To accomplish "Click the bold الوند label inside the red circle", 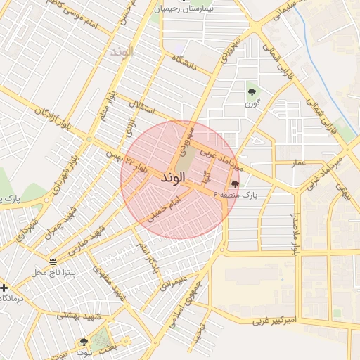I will pyautogui.click(x=172, y=177).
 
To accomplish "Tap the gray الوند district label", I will pyautogui.click(x=121, y=52).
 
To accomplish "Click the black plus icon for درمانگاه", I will pyautogui.click(x=4, y=288).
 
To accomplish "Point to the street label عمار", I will pyautogui.click(x=300, y=162).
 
